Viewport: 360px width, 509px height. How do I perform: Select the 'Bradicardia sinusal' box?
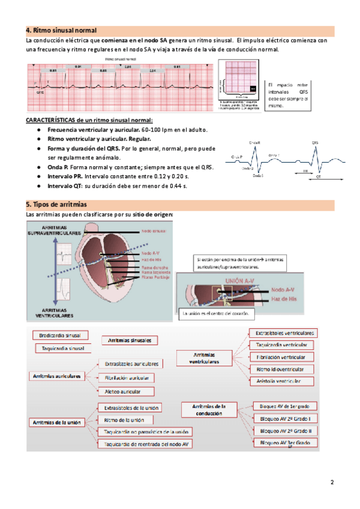[61, 336]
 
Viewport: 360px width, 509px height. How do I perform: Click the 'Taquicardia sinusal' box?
[64, 348]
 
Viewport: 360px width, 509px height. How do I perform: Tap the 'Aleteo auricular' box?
[127, 391]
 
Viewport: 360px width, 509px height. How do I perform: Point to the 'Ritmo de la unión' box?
[124, 420]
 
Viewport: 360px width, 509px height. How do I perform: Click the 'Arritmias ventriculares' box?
[204, 358]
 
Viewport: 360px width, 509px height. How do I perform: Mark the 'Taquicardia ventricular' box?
[281, 345]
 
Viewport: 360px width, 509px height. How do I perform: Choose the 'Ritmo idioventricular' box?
[280, 369]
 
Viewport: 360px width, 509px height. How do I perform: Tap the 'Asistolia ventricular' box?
[278, 381]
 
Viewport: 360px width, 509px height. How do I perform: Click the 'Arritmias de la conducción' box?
[210, 410]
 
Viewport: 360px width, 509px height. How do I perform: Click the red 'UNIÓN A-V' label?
[241, 281]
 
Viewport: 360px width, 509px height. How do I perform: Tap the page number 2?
[331, 483]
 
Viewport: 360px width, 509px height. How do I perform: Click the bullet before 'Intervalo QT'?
[38, 186]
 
